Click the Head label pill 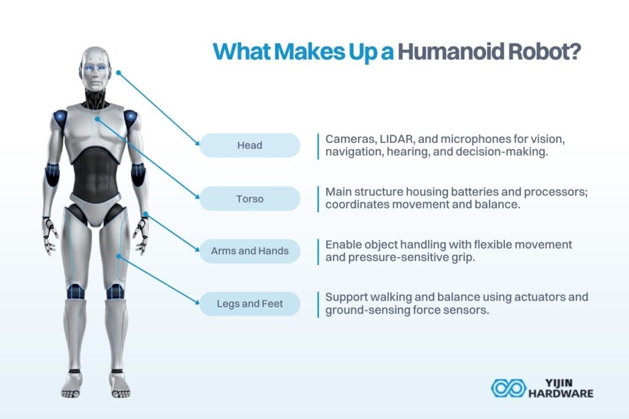(x=250, y=145)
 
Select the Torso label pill (x=250, y=198)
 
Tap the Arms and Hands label (x=250, y=251)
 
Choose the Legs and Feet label (x=250, y=304)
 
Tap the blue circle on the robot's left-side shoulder (x=60, y=116)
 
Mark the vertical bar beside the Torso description (x=318, y=198)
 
